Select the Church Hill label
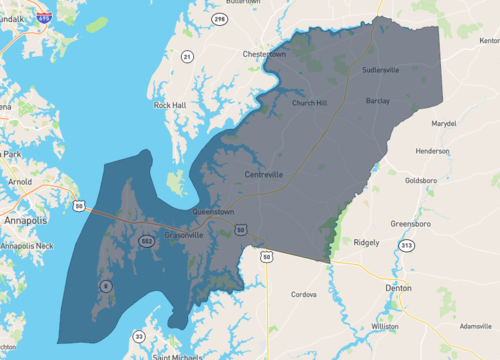(309, 103)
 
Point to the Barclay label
(378, 101)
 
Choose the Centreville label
(265, 174)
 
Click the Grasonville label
(181, 234)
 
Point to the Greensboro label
(410, 224)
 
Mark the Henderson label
(433, 151)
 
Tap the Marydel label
(444, 123)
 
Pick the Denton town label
(398, 287)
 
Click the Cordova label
(303, 295)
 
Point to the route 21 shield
(187, 57)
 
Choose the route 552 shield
(146, 241)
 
